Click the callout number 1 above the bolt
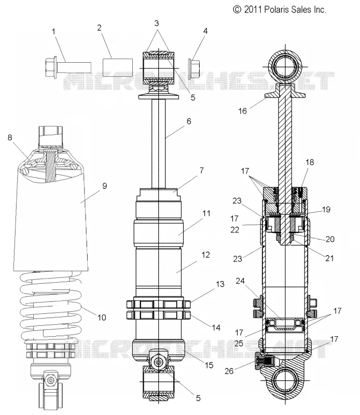click(x=54, y=32)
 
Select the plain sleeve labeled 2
click(x=118, y=67)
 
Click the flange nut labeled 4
click(x=193, y=69)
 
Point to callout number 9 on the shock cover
click(x=105, y=186)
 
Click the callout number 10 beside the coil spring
click(x=102, y=317)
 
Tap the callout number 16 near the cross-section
click(x=242, y=111)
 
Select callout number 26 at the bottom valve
click(x=229, y=371)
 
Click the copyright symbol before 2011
click(x=237, y=10)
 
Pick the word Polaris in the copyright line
click(x=277, y=10)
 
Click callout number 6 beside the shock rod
click(x=189, y=121)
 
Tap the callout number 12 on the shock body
click(x=205, y=255)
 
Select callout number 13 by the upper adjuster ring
click(x=220, y=284)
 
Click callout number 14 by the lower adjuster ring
click(x=216, y=328)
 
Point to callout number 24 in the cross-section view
click(x=240, y=281)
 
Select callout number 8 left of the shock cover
click(x=10, y=137)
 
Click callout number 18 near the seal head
click(x=310, y=162)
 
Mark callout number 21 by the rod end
click(x=329, y=258)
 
